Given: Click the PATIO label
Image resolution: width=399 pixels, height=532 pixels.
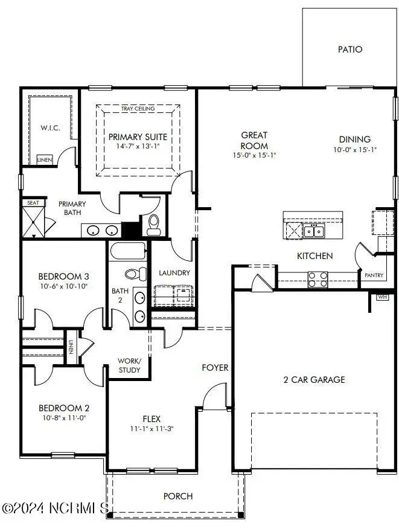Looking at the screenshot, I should coord(350,49).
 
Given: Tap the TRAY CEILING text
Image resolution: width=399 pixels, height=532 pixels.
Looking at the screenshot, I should coord(138,109).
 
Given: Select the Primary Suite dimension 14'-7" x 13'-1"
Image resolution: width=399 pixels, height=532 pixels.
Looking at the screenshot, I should coord(138,147).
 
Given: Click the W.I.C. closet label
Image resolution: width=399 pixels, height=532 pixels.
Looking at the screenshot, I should coord(49,128).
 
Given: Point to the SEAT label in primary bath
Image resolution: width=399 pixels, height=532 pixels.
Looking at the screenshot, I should coord(33,203).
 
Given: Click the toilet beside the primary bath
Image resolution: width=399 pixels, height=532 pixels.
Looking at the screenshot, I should coord(153,223).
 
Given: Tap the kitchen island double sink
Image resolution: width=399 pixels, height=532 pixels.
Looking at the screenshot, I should coord(313,231).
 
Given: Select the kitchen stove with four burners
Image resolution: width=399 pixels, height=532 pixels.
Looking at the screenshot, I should coord(318,278).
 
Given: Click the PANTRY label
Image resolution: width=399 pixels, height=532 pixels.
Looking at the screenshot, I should coord(374,275).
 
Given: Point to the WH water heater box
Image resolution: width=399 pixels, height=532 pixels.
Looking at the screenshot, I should coord(382,297).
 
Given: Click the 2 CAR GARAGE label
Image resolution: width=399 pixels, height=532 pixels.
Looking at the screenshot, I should coord(314,380).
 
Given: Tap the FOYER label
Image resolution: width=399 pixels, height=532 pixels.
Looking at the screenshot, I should coord(215,367).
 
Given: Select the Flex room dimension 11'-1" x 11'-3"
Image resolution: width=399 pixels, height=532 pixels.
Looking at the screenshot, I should coord(151,429).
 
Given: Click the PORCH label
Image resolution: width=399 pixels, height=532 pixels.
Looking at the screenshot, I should coord(178,496).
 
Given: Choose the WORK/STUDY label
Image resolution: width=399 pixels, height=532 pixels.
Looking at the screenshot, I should coord(129,365).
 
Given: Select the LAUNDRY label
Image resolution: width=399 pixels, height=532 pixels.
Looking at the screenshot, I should coord(174,273).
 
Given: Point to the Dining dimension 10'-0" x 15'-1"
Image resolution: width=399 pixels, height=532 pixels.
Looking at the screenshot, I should coord(355,150).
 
